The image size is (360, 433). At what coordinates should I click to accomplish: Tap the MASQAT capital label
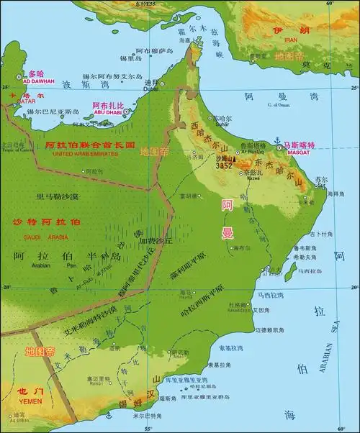(x=297, y=152)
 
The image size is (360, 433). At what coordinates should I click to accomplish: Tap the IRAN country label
(x=291, y=40)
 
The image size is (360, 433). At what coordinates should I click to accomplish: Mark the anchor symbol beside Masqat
(x=276, y=141)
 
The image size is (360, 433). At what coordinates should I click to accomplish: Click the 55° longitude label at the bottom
(x=149, y=429)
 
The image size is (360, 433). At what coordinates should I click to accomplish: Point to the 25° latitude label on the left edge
(x=4, y=86)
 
